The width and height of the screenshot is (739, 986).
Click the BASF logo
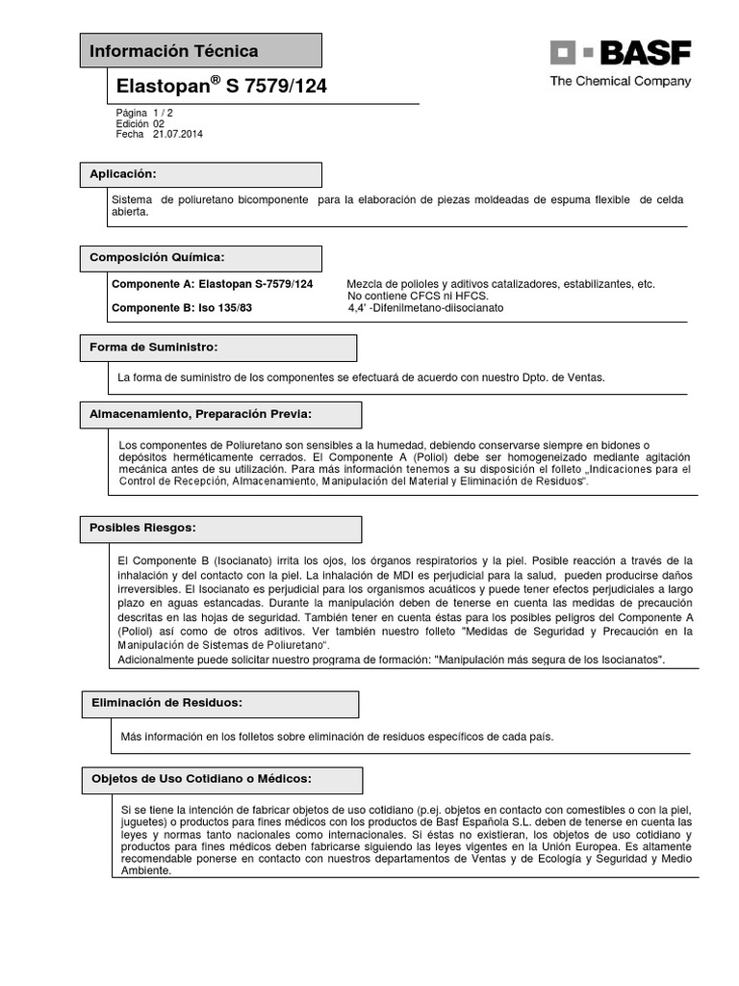[x=620, y=52]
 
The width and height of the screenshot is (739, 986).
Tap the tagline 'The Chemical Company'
[x=620, y=82]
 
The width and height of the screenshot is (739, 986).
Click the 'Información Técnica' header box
[x=199, y=51]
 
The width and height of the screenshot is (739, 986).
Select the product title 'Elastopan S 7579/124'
[x=221, y=87]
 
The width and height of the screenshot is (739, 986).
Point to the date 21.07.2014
[x=178, y=135]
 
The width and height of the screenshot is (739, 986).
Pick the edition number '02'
[x=159, y=124]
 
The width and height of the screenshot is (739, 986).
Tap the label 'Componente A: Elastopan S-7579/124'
[x=213, y=284]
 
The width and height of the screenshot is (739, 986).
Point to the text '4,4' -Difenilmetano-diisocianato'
[x=425, y=308]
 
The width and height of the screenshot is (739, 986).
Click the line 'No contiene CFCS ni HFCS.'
[x=418, y=297]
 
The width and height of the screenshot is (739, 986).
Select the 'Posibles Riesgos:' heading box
[x=220, y=529]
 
